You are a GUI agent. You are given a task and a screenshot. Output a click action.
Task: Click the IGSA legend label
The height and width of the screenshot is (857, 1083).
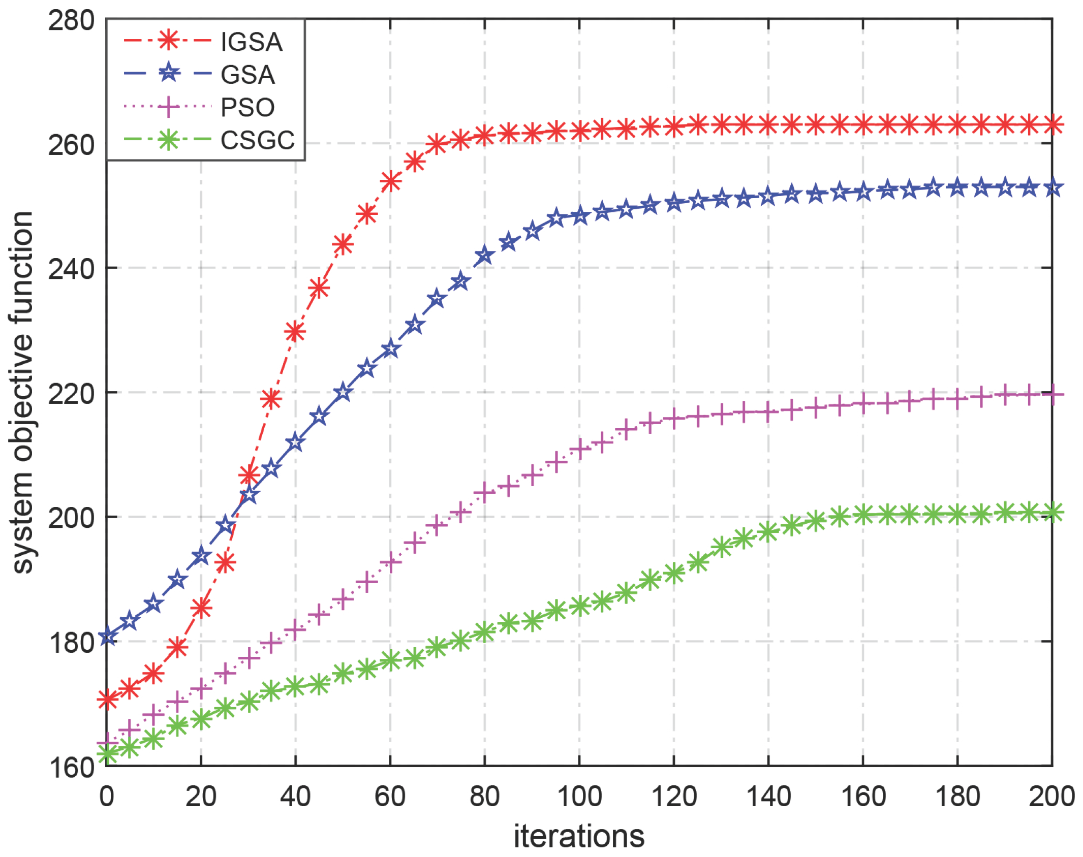tap(251, 42)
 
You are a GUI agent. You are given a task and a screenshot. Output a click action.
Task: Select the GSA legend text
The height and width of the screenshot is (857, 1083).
tap(247, 75)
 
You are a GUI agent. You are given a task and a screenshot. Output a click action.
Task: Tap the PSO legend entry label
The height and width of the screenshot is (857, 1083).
tap(247, 107)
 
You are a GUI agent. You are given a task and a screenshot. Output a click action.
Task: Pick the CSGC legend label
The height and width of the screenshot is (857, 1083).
tap(257, 140)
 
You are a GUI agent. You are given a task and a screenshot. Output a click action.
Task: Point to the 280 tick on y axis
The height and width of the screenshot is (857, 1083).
tap(71, 21)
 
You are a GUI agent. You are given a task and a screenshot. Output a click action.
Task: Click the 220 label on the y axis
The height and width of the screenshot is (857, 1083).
tap(71, 393)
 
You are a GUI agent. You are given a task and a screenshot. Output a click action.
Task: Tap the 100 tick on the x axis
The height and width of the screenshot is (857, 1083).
tap(579, 796)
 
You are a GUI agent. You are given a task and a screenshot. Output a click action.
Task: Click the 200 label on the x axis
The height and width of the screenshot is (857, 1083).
tap(1051, 796)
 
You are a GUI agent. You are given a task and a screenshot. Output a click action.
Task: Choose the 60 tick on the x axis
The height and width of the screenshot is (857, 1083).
tap(390, 796)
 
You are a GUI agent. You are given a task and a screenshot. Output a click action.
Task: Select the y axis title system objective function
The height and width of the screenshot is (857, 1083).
tap(22, 392)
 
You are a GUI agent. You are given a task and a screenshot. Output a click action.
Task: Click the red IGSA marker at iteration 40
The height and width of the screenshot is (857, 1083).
tap(295, 332)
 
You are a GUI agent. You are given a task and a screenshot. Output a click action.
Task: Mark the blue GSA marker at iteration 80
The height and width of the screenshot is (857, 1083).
tap(484, 256)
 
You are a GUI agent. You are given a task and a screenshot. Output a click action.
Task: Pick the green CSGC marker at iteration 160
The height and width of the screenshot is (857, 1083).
tap(863, 515)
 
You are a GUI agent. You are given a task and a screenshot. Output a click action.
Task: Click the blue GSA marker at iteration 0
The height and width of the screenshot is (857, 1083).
tap(107, 636)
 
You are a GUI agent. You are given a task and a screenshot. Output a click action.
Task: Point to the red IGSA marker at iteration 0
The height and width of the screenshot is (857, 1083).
tap(107, 700)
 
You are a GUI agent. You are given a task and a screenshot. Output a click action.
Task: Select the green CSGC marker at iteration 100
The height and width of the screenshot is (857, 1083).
tap(579, 606)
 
